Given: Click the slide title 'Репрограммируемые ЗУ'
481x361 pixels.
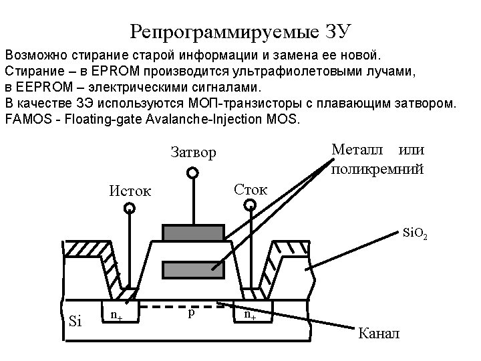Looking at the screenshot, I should coord(240,31).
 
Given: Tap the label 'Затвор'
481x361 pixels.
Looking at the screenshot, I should coord(194,152).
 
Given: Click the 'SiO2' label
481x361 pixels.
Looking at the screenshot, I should coord(415,234).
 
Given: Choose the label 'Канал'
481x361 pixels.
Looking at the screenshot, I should coord(379,332).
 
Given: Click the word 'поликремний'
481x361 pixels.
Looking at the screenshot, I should coord(377,169).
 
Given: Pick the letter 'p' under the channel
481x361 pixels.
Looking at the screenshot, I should coord(191,313).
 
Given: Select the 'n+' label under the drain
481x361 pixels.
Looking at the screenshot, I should coord(250,315).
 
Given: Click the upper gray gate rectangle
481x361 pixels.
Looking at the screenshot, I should coord(192,232).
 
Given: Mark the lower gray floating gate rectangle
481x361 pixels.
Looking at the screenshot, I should coord(192,269).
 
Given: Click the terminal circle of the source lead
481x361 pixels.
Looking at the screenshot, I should coord(130,209).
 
